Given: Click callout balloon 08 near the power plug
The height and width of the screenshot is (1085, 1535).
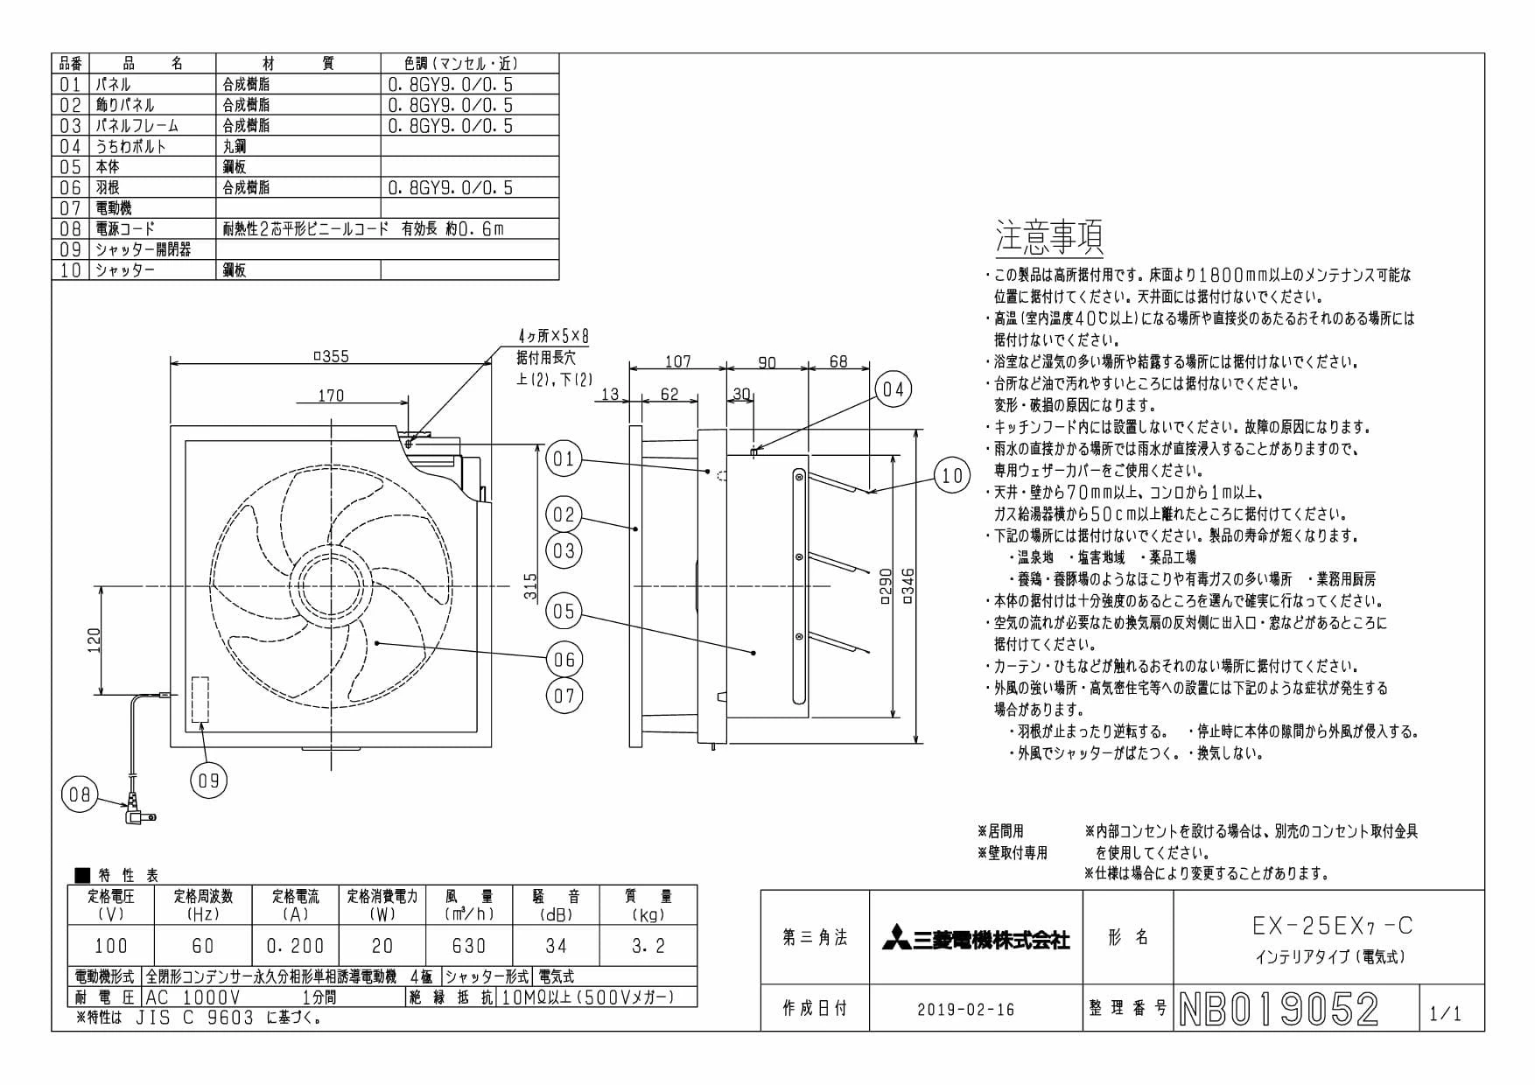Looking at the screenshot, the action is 78,795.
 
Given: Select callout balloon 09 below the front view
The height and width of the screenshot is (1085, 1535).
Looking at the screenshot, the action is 208,780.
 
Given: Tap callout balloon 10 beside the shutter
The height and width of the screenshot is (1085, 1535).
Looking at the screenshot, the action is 952,475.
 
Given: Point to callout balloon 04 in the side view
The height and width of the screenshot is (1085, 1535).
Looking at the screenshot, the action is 893,389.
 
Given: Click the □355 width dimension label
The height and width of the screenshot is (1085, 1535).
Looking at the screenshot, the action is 331,356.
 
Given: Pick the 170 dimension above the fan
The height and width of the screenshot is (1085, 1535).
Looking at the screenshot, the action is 331,395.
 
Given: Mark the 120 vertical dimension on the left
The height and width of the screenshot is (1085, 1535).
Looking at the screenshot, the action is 94,640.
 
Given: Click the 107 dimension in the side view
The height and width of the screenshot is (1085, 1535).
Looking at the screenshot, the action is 677,361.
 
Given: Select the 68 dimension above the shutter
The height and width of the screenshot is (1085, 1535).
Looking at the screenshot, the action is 838,361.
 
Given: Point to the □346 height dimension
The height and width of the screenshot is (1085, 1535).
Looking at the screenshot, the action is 908,587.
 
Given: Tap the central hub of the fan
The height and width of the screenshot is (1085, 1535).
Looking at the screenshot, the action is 332,585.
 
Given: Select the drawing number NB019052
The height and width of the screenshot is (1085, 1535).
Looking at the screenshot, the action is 1279,1010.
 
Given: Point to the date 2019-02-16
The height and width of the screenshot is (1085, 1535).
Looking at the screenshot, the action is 966,1010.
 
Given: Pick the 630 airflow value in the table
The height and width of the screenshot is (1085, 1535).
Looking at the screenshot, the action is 469,946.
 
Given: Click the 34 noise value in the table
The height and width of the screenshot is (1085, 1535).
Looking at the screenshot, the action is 556,946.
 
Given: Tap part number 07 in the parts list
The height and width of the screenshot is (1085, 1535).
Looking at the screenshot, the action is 70,208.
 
